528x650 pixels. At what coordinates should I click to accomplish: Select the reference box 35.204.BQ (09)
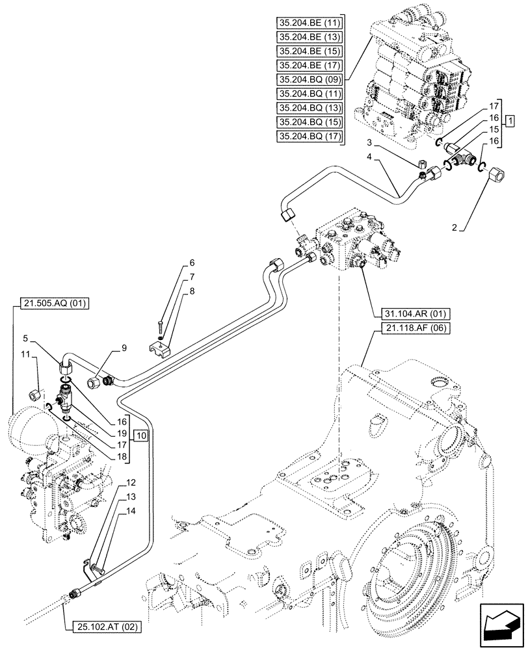(x=310, y=79)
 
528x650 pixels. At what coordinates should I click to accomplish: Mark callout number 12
(x=131, y=482)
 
